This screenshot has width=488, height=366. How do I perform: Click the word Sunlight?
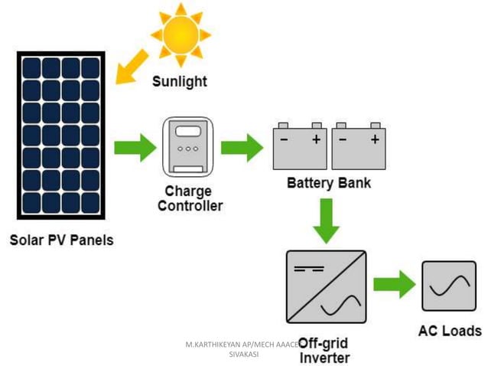pos(179,80)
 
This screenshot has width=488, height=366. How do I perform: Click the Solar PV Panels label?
pos(61,240)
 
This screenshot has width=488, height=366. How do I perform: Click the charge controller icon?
pos(188,146)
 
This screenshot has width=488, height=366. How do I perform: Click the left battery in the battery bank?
pos(301,146)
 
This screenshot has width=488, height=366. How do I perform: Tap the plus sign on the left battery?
pos(316,139)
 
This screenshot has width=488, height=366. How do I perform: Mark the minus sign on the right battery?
pos(343,139)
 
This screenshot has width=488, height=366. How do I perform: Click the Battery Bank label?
pos(329,184)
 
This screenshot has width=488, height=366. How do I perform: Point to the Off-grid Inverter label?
pos(324,350)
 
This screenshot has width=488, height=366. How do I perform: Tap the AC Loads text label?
pos(450,331)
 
